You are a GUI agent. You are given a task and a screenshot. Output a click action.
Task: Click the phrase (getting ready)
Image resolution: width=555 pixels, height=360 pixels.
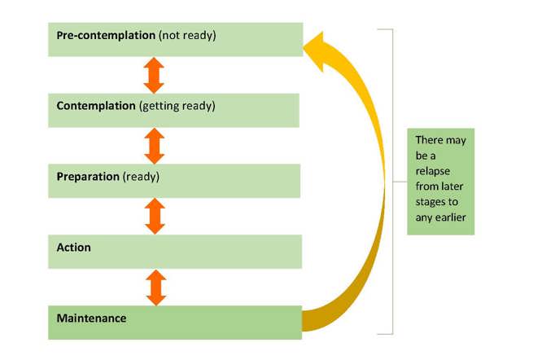177,106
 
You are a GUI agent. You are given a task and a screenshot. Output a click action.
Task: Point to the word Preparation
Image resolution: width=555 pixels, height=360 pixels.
88,177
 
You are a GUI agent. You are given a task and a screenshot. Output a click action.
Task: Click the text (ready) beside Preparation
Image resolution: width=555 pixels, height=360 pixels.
141,177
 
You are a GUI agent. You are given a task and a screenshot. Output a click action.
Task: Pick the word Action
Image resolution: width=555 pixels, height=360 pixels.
74,247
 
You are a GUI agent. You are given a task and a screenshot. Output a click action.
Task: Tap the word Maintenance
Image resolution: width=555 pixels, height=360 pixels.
91,318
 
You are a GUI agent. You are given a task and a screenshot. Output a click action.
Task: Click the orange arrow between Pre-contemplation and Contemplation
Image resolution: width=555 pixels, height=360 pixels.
154,75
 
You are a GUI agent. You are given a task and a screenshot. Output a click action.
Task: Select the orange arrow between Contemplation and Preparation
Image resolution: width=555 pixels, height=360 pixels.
154,146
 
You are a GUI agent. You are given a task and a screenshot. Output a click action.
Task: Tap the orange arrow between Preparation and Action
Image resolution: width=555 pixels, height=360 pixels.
155,217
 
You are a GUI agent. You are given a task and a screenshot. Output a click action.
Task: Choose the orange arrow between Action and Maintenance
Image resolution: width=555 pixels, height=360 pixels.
155,288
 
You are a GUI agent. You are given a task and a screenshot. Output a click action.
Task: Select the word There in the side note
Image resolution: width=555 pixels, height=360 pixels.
429,140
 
